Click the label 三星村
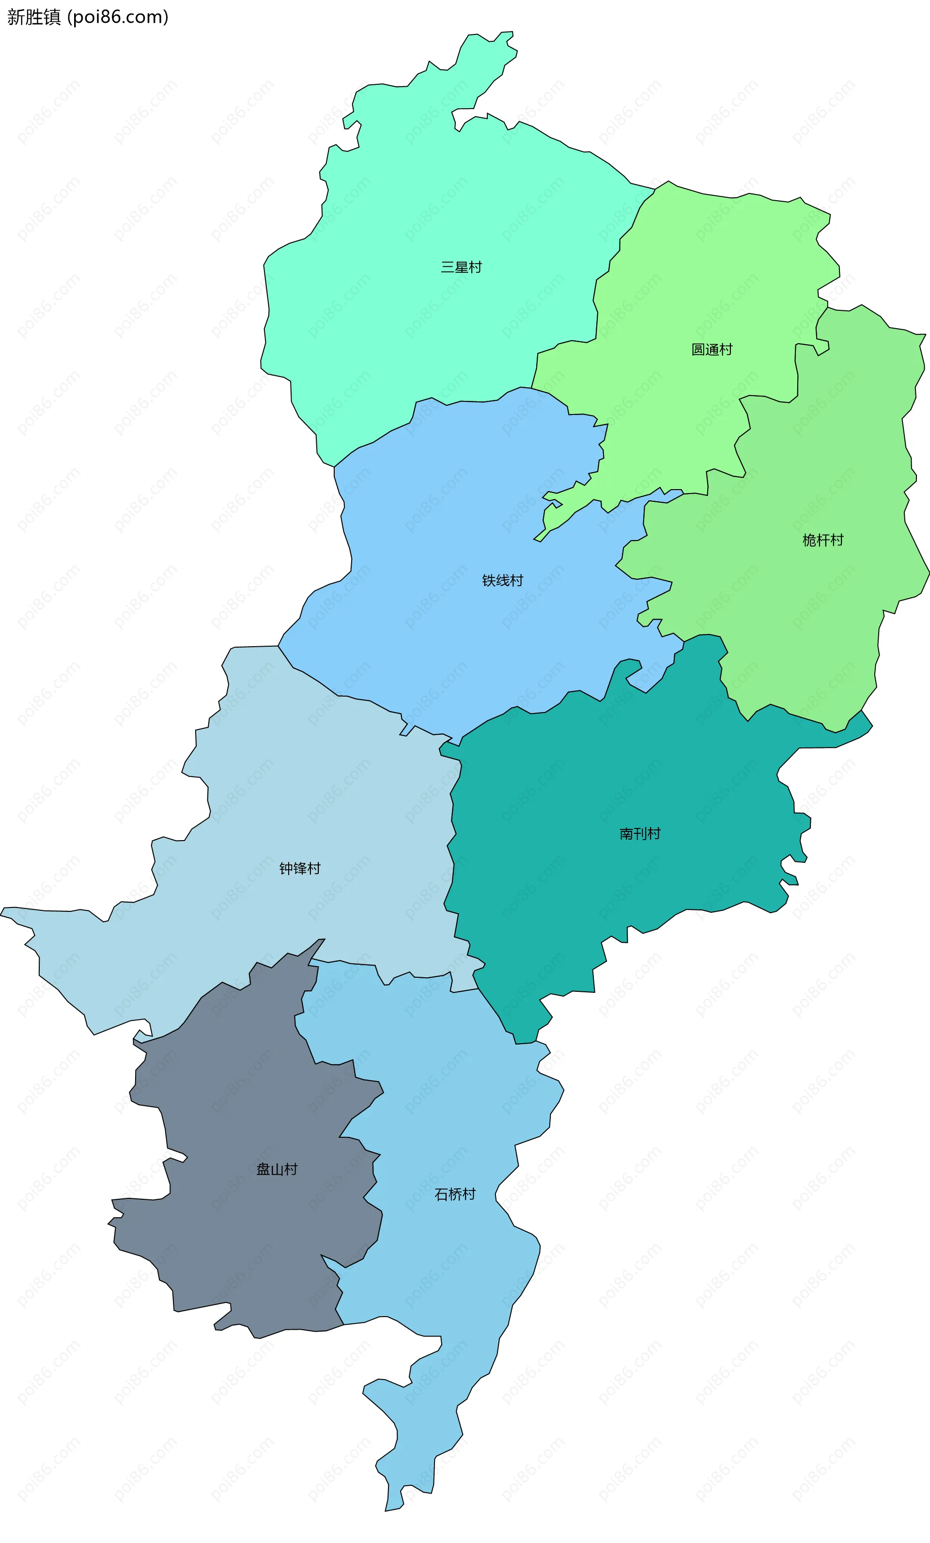461,268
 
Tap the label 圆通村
712,350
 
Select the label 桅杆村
822,540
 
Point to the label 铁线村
502,581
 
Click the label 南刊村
639,833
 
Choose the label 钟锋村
300,868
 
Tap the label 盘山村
277,1169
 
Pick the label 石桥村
455,1194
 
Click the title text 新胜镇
34,17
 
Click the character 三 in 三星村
448,268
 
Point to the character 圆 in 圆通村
698,350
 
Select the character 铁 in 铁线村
488,581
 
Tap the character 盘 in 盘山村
263,1169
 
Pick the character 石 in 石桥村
441,1194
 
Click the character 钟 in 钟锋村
286,868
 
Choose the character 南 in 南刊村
626,833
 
